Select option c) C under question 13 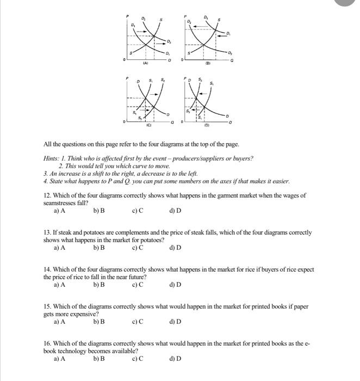coord(138,248)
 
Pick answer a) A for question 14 coord(60,285)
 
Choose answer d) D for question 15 coord(175,322)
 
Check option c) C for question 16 coord(138,359)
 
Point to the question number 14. coord(47,269)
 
